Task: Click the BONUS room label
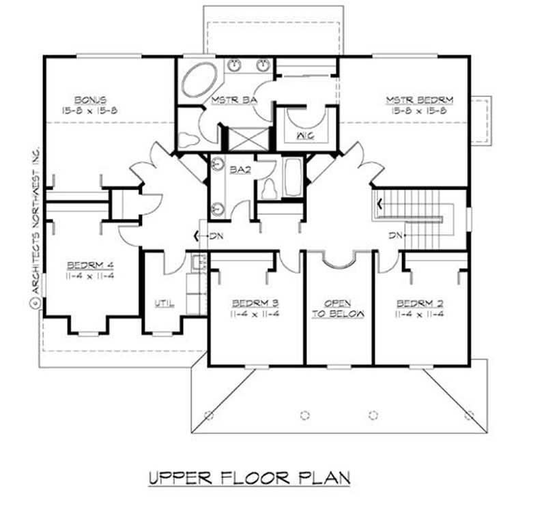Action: coord(90,99)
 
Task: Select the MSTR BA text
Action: coord(233,100)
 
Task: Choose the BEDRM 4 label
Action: coord(85,265)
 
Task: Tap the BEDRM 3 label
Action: coord(254,303)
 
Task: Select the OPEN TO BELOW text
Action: coord(339,308)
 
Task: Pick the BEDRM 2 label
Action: coord(418,303)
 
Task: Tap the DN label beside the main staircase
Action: coord(395,235)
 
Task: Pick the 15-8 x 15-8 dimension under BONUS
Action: coord(90,110)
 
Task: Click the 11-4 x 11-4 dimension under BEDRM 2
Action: coord(418,314)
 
